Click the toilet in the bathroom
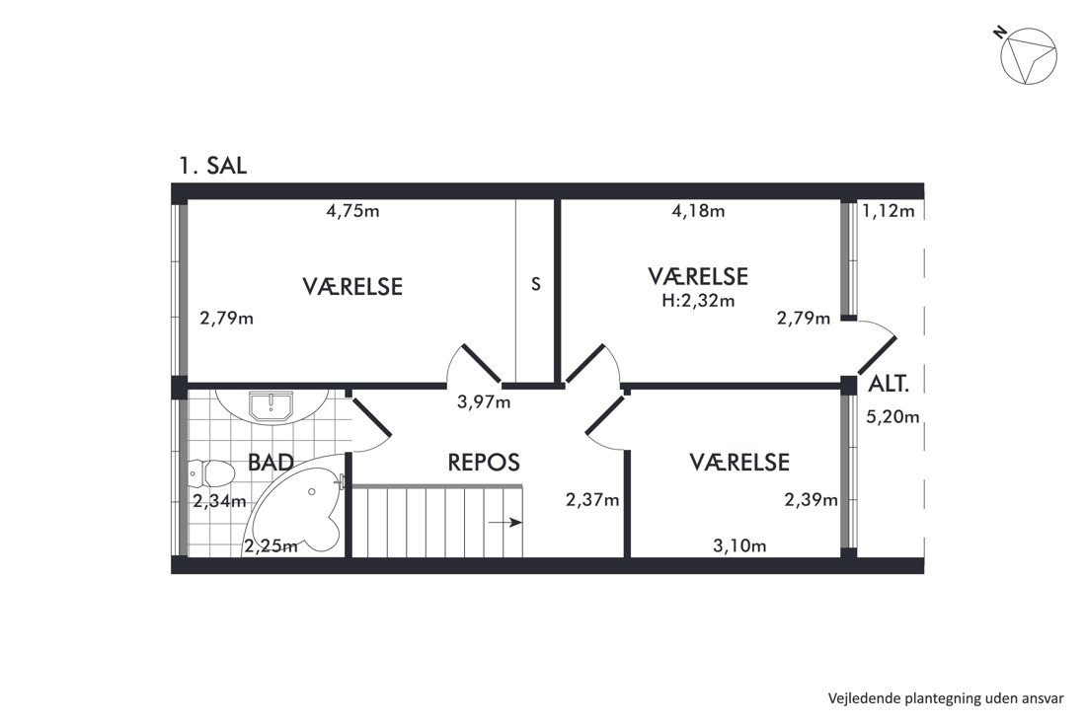(211, 473)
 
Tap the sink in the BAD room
(271, 406)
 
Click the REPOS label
(484, 463)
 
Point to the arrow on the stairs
(504, 523)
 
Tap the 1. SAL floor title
(212, 166)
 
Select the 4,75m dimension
(352, 211)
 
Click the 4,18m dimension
(698, 211)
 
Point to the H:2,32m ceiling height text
(698, 301)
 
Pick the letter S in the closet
(535, 284)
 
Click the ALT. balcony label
(889, 384)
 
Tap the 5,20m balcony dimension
(892, 416)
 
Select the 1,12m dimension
(889, 211)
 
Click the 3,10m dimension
(739, 545)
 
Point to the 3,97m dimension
(484, 401)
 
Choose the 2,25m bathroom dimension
(271, 545)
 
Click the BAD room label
(271, 463)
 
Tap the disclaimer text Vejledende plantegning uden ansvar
(946, 698)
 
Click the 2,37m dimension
(592, 499)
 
